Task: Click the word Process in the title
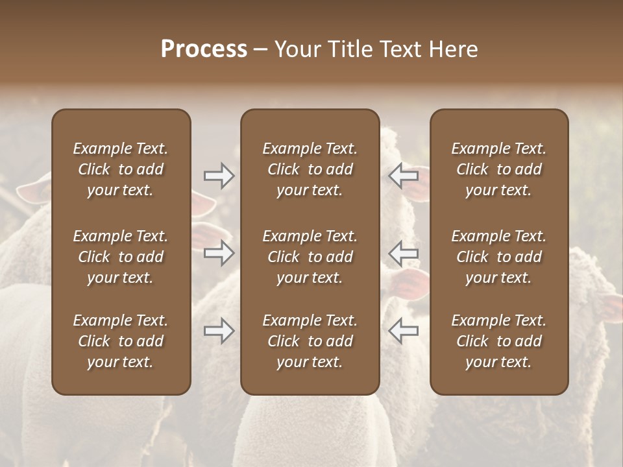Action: tap(204, 49)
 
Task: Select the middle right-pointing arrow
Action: tap(219, 254)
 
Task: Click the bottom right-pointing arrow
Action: tap(219, 331)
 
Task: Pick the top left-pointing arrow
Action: tap(403, 175)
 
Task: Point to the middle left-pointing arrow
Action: tap(403, 254)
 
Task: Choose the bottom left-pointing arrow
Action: tap(403, 331)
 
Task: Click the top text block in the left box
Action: tap(121, 169)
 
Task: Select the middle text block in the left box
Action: tap(121, 257)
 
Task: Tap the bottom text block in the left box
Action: tap(121, 341)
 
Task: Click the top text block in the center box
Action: tap(310, 169)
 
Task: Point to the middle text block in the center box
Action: tap(310, 257)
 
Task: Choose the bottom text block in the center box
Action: tap(310, 341)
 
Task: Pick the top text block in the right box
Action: tap(498, 169)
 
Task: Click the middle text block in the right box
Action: tap(498, 257)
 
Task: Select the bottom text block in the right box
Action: tap(498, 341)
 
